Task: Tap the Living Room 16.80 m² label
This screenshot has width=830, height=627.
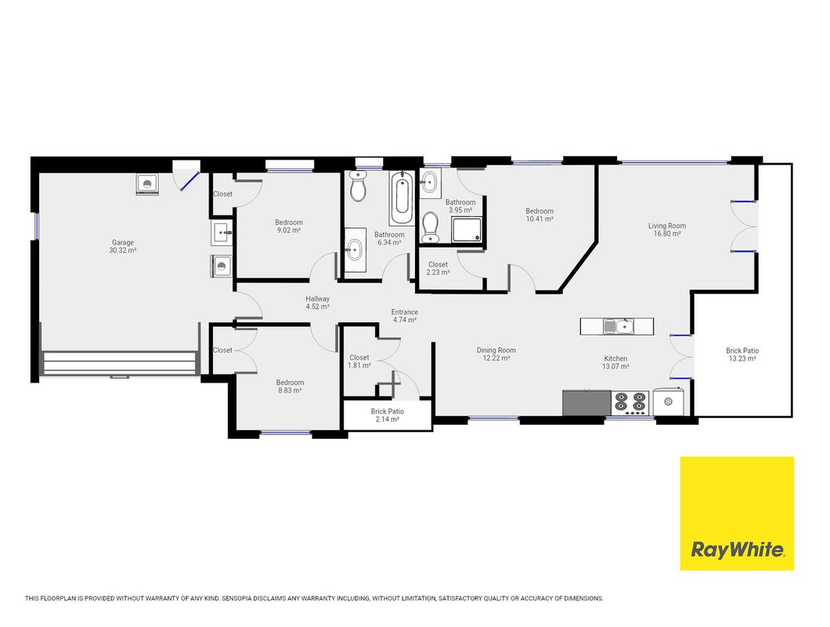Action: pos(667,230)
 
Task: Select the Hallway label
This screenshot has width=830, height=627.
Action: pos(318,299)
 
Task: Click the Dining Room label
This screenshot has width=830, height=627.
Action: pos(496,350)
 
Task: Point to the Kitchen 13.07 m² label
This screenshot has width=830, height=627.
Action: pos(615,363)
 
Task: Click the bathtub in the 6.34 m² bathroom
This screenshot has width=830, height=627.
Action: pos(402,198)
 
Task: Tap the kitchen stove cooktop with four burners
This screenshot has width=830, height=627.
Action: pos(630,404)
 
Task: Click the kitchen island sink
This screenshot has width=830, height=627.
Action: pos(618,326)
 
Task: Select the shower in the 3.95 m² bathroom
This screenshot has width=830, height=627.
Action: pos(467,230)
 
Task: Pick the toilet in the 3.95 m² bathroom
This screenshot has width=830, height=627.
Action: pos(431,227)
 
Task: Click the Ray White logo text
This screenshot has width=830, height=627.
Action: pos(737,550)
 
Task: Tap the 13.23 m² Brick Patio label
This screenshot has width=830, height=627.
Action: pos(742,354)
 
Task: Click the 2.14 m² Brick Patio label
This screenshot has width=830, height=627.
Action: pos(388,415)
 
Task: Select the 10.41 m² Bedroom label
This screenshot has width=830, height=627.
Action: pos(539,215)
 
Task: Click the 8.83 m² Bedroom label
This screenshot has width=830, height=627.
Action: pos(290,386)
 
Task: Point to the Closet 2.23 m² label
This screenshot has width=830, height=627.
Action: pos(438,268)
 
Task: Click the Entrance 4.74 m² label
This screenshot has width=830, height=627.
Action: pos(405,316)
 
